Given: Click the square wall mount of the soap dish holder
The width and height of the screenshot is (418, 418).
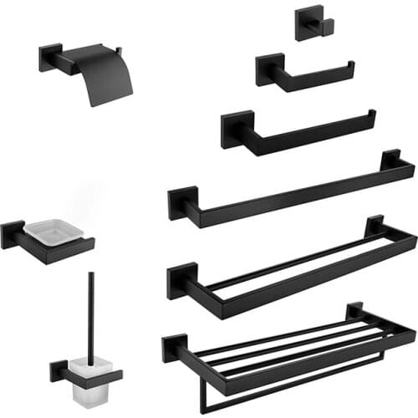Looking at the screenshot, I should [x=13, y=234].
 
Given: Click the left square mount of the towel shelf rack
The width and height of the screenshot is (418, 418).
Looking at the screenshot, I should [x=175, y=347].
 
